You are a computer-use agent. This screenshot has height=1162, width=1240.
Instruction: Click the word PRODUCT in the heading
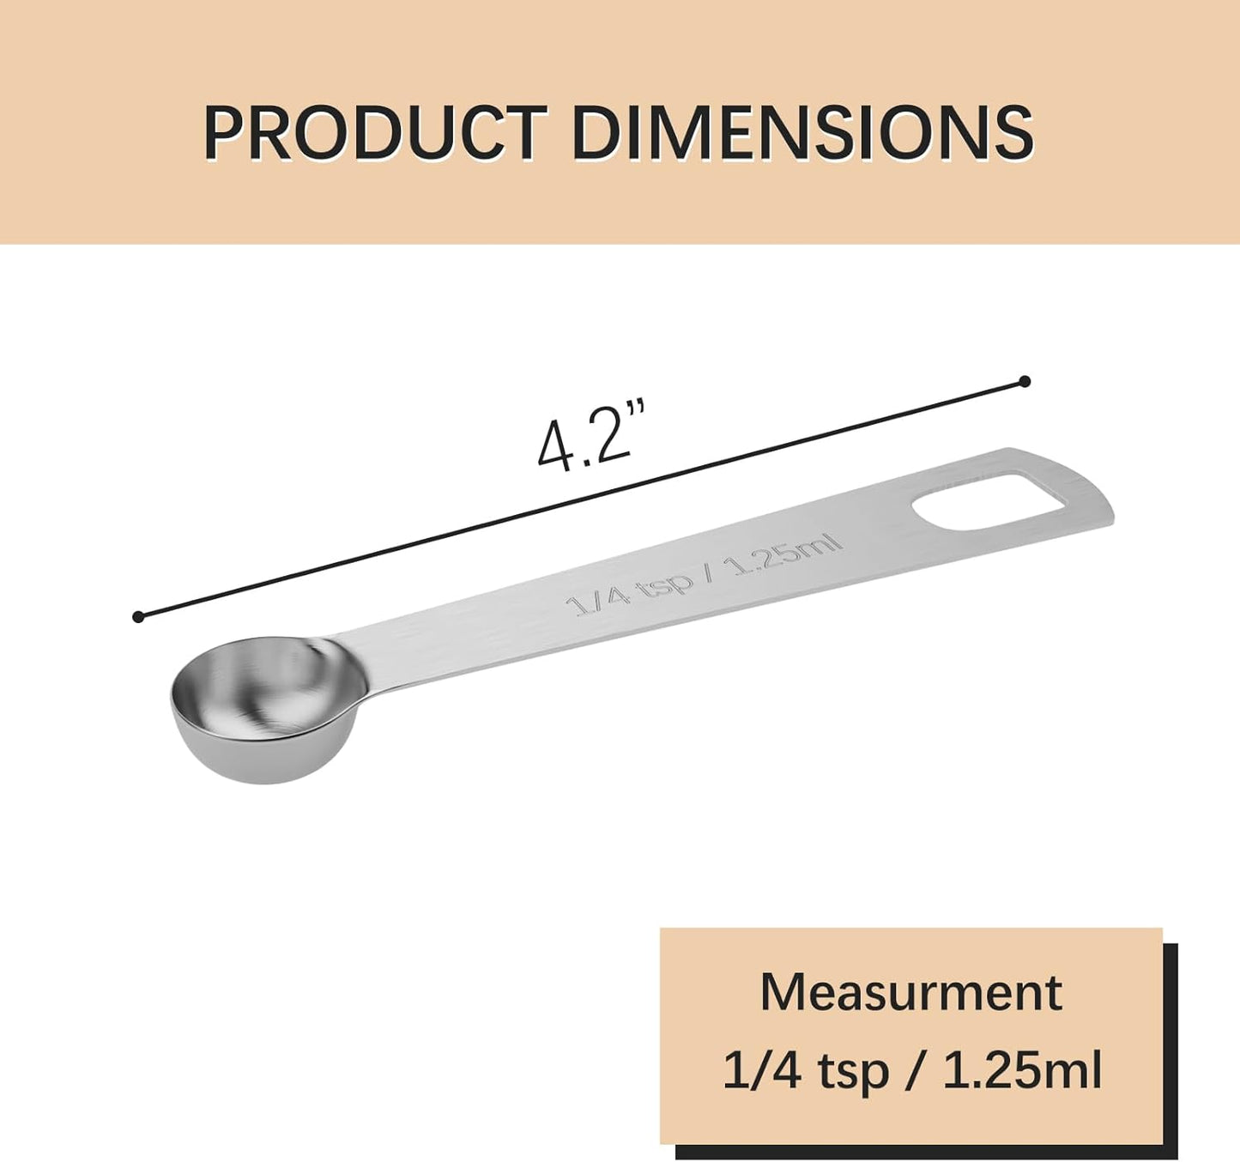click(374, 133)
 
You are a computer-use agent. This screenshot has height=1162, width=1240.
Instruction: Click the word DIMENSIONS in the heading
click(801, 133)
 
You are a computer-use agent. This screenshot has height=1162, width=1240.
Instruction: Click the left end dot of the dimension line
click(138, 616)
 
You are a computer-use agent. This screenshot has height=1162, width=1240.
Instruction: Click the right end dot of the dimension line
click(1024, 381)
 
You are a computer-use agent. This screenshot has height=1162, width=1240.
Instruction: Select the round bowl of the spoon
click(262, 704)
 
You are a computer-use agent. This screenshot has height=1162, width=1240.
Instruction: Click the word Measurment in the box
click(910, 992)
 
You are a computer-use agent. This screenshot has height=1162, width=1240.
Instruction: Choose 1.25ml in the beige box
click(1021, 1070)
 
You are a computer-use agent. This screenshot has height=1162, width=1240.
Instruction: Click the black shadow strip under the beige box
click(927, 1152)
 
